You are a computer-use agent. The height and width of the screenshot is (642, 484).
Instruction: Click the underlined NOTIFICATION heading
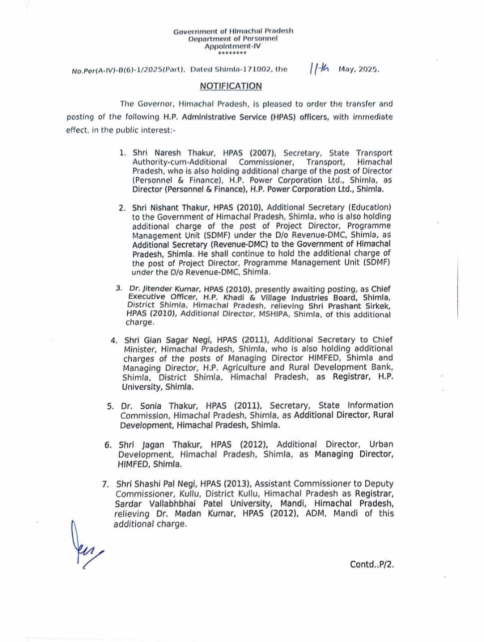230,86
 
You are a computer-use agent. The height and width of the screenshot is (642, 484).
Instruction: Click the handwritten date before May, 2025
319,69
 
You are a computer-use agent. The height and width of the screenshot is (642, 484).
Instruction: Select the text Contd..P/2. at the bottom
372,564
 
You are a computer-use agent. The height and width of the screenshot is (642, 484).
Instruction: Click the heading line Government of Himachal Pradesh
233,31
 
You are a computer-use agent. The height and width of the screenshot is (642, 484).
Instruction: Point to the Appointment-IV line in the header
233,46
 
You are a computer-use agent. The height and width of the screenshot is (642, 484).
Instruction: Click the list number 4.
113,340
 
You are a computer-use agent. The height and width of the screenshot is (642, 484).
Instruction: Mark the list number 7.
105,484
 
